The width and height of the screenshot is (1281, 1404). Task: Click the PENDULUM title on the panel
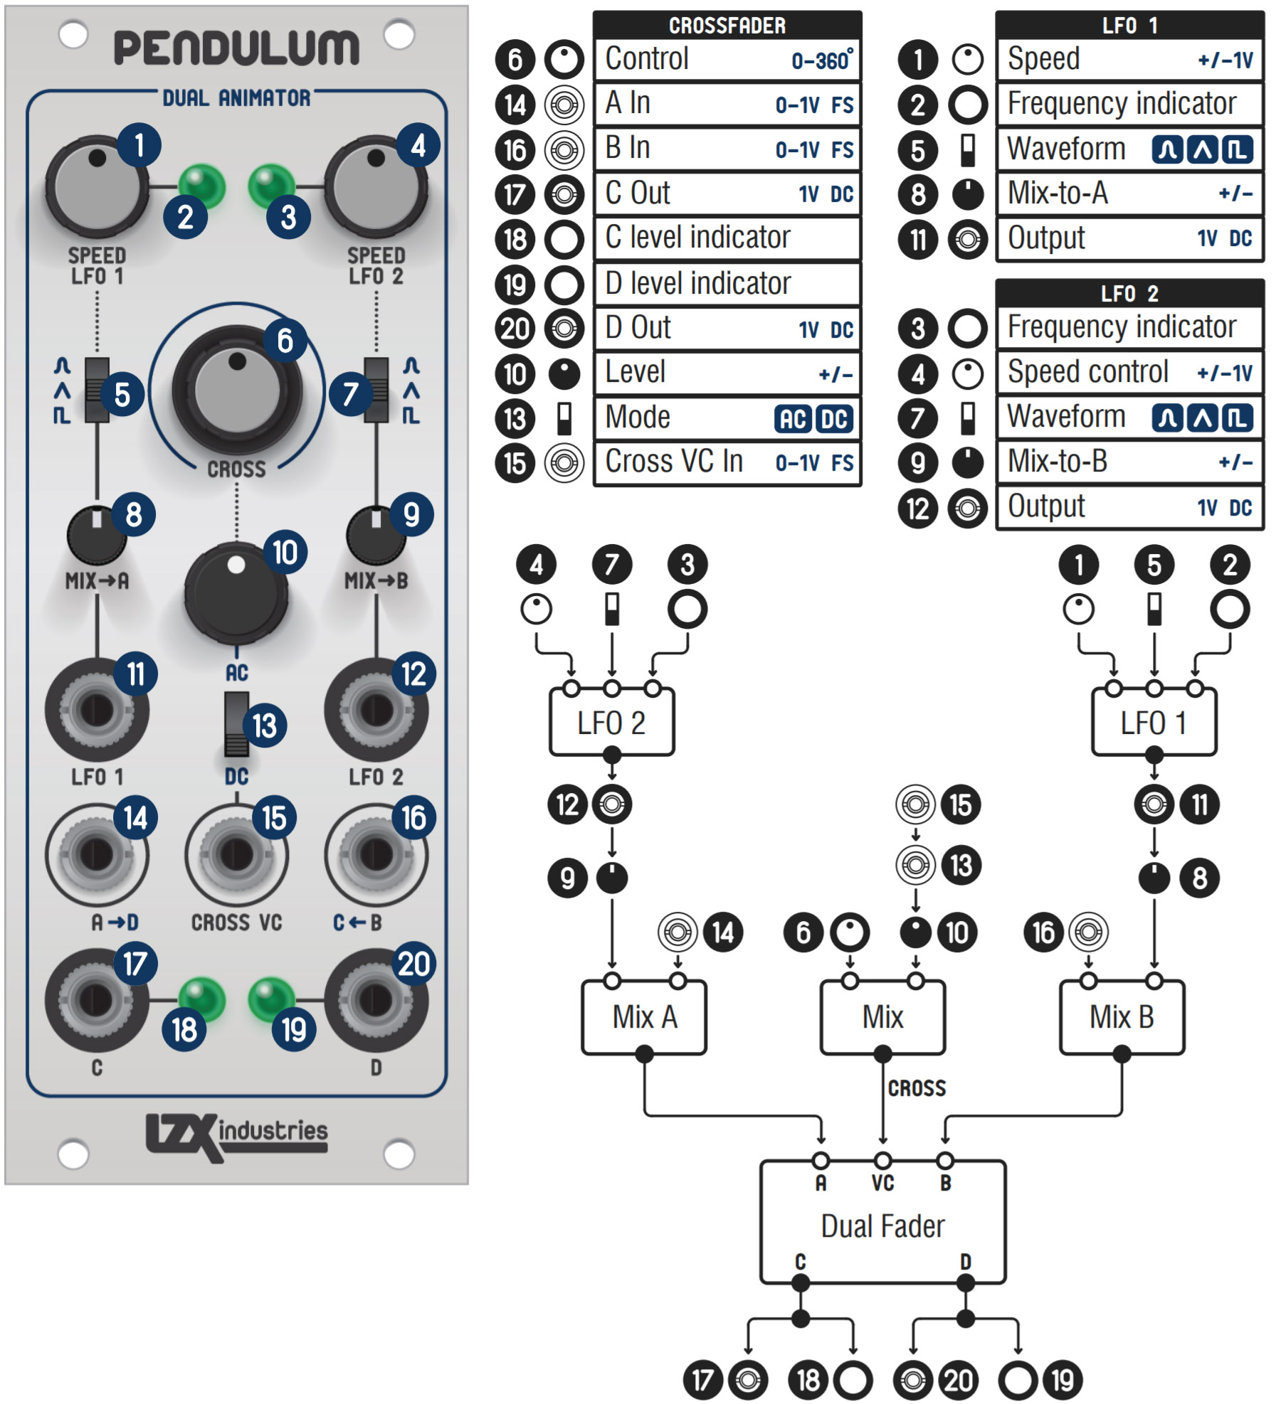click(x=236, y=48)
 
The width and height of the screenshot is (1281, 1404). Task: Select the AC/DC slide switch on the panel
click(x=237, y=723)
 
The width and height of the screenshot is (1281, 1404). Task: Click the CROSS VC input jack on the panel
click(x=237, y=854)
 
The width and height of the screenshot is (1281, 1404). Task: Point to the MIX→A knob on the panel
click(x=97, y=535)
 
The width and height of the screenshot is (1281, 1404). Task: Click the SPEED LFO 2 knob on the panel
click(x=376, y=188)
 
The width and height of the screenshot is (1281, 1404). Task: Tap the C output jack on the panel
click(x=97, y=1000)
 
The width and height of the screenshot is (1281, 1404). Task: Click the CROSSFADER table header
click(x=727, y=26)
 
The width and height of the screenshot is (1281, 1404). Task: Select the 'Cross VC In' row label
click(x=674, y=462)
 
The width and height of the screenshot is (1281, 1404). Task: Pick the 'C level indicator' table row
click(x=727, y=238)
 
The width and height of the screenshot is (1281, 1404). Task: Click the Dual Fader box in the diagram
click(x=882, y=1222)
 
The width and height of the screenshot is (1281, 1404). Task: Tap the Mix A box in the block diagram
click(x=644, y=1017)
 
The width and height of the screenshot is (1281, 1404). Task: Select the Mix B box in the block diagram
click(x=1122, y=1017)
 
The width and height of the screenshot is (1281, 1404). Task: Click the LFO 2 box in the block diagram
click(x=611, y=722)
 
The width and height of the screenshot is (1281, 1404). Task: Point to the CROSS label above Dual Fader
click(x=917, y=1088)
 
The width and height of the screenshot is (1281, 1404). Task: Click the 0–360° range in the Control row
click(x=822, y=60)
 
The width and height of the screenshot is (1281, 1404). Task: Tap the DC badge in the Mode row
click(x=834, y=419)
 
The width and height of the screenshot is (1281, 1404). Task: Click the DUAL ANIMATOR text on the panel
click(x=236, y=98)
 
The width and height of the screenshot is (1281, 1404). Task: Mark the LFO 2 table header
click(x=1129, y=293)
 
